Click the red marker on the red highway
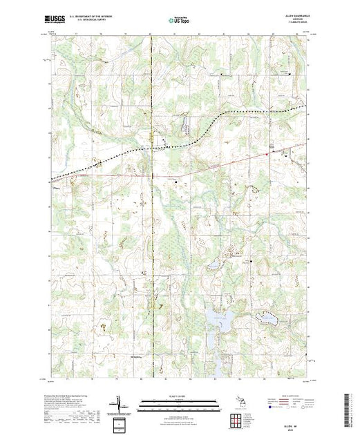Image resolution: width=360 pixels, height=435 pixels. (272, 149)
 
